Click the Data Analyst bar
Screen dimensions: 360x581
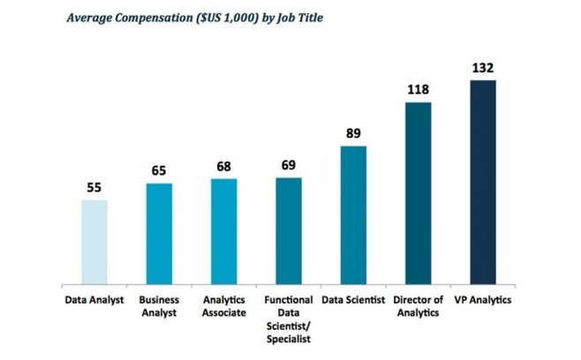94,242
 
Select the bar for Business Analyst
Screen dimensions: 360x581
159,234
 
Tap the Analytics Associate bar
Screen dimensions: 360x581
224,231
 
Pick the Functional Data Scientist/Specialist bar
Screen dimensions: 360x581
289,231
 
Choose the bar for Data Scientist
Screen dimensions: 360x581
353,215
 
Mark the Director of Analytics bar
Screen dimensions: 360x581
419,193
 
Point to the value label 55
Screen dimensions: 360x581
94,188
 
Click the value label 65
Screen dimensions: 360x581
159,171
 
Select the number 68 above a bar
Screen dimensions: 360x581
224,167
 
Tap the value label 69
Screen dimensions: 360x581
289,166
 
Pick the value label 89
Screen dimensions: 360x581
353,134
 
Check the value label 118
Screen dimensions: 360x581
419,90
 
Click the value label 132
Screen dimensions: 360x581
483,68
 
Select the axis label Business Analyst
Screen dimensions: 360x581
159,307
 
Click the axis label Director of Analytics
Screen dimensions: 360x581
419,307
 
